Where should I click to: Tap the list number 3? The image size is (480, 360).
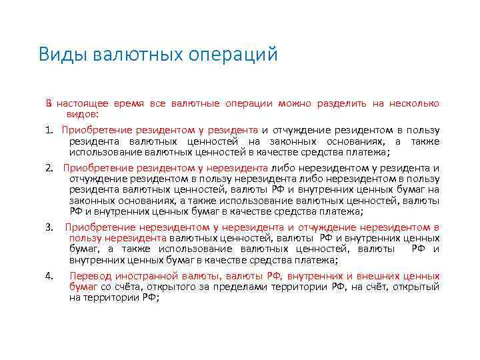click(49, 228)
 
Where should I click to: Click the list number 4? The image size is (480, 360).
click(49, 275)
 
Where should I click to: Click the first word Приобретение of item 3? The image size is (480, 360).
click(97, 228)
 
